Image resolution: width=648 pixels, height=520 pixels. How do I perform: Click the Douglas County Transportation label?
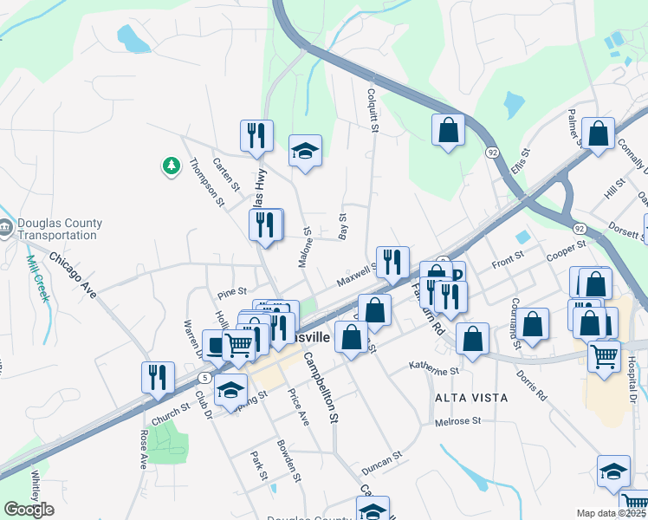click(58, 229)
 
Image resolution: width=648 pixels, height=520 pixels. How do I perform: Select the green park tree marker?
click(171, 165)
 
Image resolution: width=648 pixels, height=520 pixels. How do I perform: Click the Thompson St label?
click(207, 181)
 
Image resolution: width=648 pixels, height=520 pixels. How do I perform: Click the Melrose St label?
click(459, 421)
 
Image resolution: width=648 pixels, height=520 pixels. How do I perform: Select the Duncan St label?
click(382, 460)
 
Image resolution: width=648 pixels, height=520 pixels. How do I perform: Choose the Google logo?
click(29, 509)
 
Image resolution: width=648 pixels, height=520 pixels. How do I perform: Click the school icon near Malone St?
click(305, 151)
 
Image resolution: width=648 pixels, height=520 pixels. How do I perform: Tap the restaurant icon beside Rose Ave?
click(158, 378)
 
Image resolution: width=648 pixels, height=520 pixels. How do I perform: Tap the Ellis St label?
click(519, 162)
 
